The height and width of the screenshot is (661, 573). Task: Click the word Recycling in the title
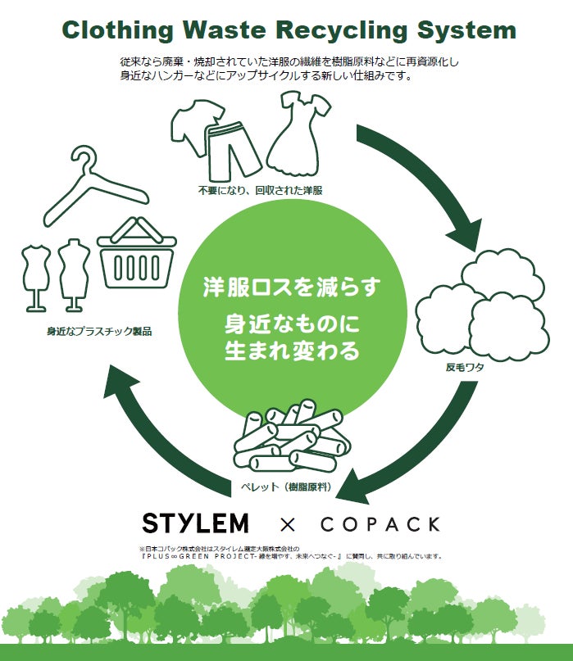click(340, 30)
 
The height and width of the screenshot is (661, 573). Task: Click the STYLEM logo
click(195, 523)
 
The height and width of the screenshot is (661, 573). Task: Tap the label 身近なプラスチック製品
click(99, 332)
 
